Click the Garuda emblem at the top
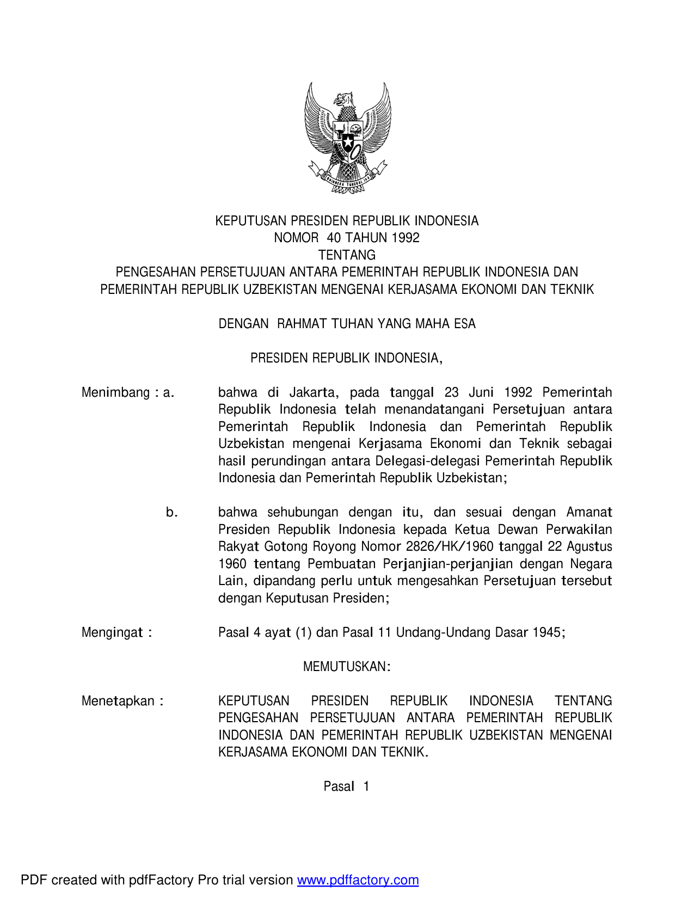(347, 137)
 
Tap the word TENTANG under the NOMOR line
(347, 255)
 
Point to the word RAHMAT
(302, 324)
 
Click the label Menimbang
(115, 392)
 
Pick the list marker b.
(171, 512)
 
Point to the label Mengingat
(113, 632)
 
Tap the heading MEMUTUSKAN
(347, 667)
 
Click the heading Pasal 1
(347, 786)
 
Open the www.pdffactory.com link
(358, 880)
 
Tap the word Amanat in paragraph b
(589, 512)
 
